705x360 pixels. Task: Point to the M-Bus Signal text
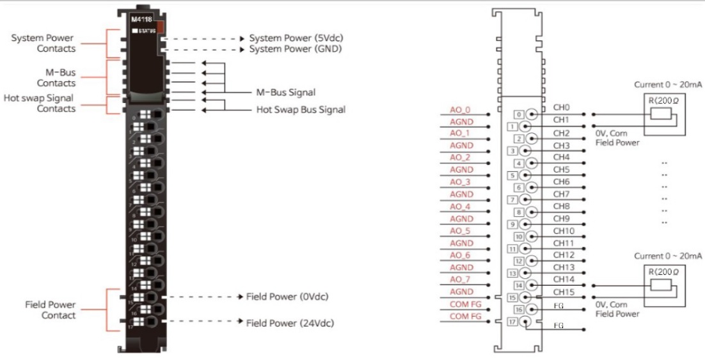[286, 93]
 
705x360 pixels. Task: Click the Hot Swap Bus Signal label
[301, 109]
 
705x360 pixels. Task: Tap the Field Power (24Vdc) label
[289, 323]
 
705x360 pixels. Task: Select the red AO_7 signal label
[459, 279]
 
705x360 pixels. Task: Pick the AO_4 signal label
[459, 207]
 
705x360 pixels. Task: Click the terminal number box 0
[519, 114]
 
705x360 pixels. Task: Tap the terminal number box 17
[511, 322]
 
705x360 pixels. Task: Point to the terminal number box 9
[511, 224]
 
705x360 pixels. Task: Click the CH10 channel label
[564, 231]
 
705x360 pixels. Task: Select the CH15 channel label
[564, 292]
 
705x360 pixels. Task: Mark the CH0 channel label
[561, 108]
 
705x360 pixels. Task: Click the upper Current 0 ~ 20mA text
[667, 84]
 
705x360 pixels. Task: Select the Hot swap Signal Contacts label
[40, 104]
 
